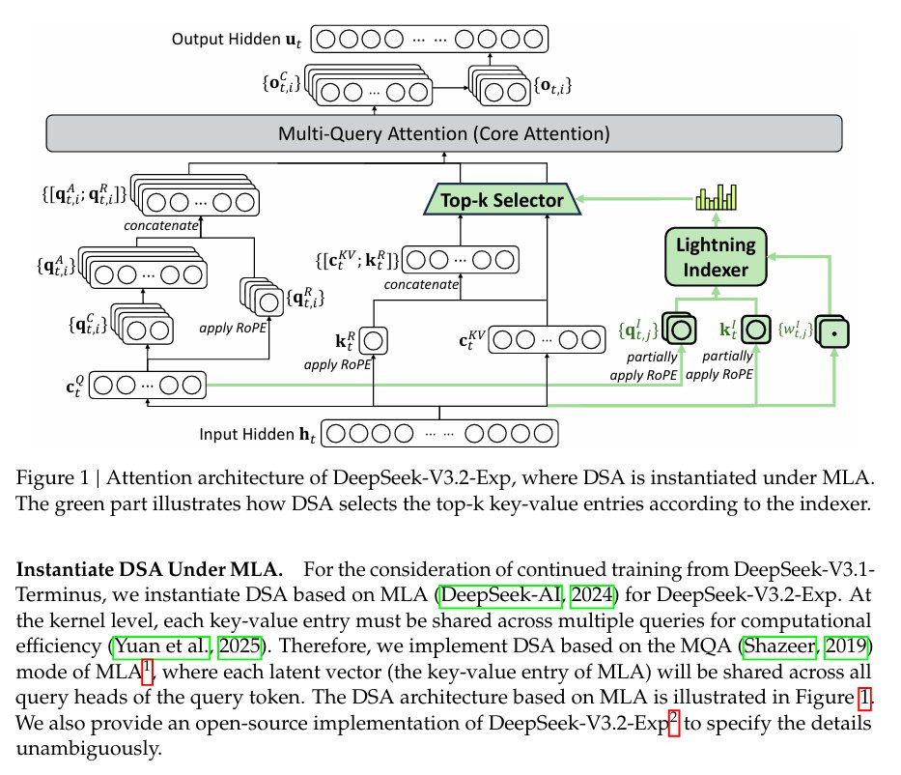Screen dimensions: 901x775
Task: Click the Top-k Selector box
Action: tap(502, 199)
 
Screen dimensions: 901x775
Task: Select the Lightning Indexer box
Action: tap(716, 257)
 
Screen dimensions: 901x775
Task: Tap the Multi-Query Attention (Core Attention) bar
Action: tap(443, 133)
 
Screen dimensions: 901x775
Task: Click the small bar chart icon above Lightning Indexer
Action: tap(716, 197)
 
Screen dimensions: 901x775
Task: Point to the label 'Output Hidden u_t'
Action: tap(237, 39)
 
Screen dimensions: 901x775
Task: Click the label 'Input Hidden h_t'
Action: tap(257, 434)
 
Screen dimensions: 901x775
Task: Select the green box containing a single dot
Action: tap(833, 332)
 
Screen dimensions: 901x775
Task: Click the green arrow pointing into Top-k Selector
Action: tap(636, 199)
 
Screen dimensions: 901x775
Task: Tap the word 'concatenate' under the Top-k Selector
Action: tap(421, 285)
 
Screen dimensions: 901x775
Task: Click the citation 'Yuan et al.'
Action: tap(161, 646)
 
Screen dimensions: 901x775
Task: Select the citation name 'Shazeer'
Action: tap(779, 646)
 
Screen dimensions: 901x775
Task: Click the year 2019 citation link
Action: tap(846, 646)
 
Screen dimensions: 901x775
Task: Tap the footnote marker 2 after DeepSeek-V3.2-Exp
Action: tap(674, 722)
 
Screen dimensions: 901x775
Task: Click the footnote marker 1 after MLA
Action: tap(147, 671)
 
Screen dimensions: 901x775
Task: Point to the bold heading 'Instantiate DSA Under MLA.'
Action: tap(150, 569)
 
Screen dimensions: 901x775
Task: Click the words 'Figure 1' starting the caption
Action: tap(52, 477)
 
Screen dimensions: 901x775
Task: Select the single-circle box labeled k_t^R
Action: tap(373, 341)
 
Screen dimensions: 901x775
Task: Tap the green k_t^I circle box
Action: tap(755, 330)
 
